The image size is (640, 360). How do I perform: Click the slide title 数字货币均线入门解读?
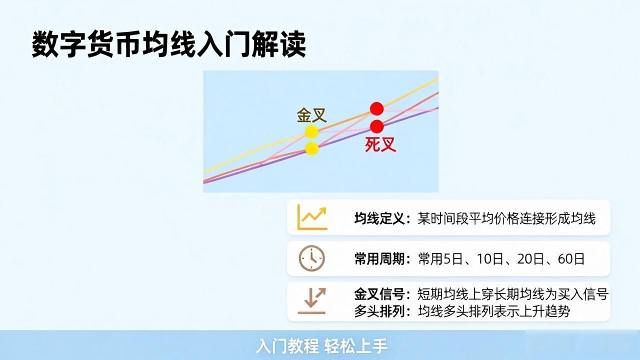(169, 44)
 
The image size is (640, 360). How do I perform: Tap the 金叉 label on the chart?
(311, 115)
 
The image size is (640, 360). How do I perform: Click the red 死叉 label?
(380, 144)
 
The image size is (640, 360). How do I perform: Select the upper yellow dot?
(311, 131)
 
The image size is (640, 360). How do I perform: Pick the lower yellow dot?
(311, 148)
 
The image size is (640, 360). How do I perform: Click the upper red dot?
(377, 109)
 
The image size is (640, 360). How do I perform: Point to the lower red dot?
(377, 126)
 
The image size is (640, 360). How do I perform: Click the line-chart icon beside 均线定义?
(312, 217)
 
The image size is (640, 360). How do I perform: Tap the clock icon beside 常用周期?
(311, 258)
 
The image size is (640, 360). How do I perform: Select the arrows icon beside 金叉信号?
(311, 301)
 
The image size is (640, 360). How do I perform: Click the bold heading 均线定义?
(379, 219)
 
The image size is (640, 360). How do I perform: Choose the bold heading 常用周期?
(379, 259)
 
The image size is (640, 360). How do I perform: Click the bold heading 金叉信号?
(379, 294)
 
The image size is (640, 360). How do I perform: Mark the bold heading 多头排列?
(379, 311)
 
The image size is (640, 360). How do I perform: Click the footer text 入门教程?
(287, 346)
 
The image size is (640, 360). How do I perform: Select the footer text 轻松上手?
(356, 346)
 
